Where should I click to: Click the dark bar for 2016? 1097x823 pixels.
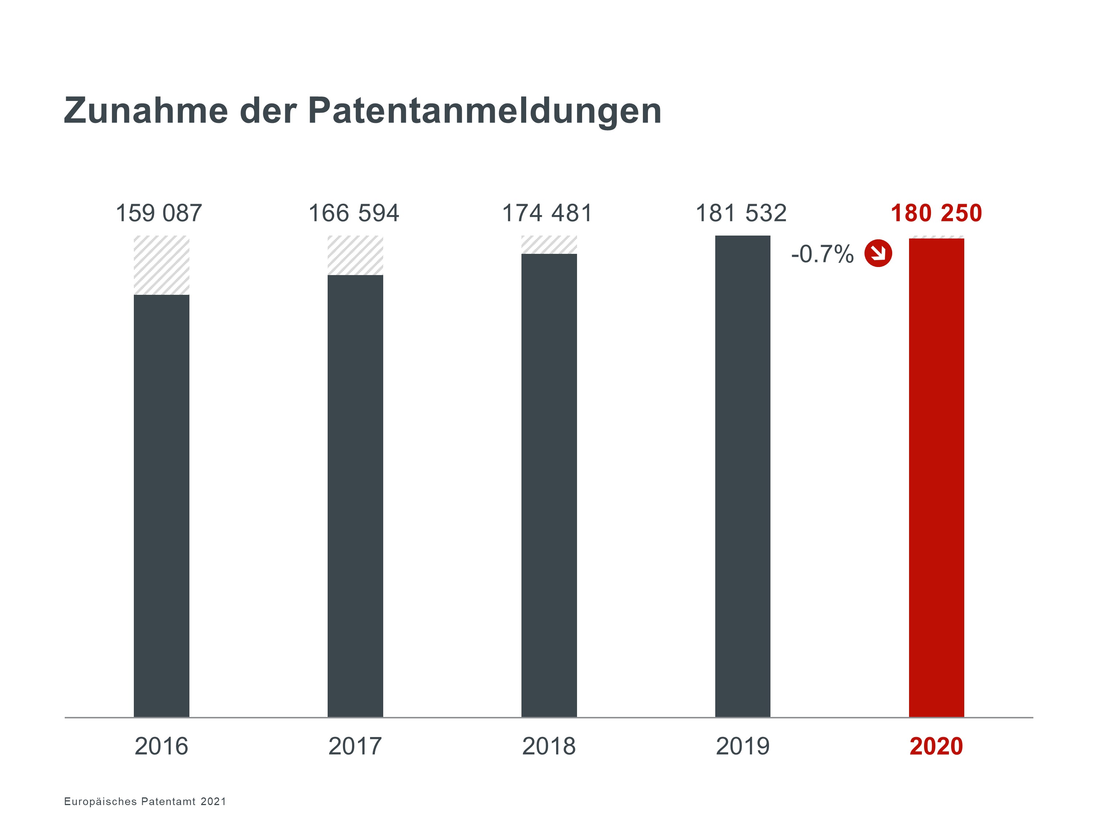(x=161, y=506)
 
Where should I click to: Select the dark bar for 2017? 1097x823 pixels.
(x=355, y=496)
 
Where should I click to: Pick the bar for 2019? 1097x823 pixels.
(x=742, y=476)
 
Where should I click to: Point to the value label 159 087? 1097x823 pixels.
(x=159, y=213)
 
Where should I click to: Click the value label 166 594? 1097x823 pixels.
(x=354, y=213)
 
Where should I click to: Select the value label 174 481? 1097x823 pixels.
(x=547, y=213)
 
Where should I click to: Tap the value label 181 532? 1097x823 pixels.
(x=741, y=213)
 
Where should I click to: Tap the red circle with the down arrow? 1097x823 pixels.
(x=878, y=253)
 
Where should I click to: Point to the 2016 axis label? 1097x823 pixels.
(x=161, y=746)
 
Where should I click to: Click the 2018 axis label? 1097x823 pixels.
(x=549, y=746)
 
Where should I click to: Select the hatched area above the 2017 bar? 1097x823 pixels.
(x=355, y=255)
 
